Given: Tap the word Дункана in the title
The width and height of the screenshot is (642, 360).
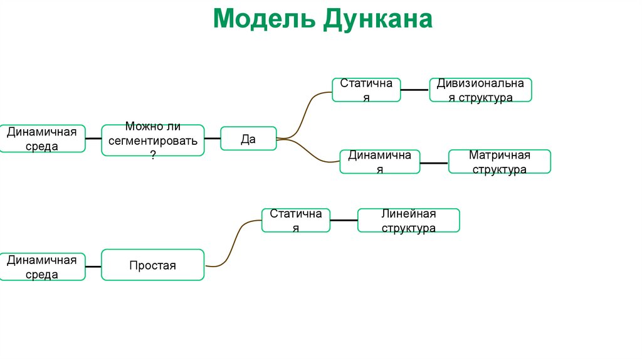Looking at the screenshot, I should coord(378,19).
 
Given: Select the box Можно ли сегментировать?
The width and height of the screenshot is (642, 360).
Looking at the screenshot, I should coord(153,140).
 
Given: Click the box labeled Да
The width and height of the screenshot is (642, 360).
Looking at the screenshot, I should coord(248,138).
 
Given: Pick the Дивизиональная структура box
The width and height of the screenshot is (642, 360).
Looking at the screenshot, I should coord(480,90).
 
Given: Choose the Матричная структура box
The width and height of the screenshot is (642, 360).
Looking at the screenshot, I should coord(499,161).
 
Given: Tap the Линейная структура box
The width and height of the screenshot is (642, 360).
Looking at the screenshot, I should coord(408,220).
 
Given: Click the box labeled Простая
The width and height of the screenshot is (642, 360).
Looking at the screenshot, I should coord(152,265).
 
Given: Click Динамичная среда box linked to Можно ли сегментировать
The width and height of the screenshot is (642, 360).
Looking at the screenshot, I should coord(42,138).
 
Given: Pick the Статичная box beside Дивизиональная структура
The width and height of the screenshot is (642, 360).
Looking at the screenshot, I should coord(366,90).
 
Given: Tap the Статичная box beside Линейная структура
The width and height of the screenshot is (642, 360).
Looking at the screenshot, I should coord(295,220).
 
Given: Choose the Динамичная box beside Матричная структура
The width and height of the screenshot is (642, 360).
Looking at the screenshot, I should coord(379,161).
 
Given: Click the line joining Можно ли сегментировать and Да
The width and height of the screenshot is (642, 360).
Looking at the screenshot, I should coord(213,138).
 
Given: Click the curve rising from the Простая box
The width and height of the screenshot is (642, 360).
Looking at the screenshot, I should coord(234,242).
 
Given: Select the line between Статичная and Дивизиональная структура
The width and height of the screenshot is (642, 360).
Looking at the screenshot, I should coord(414,90).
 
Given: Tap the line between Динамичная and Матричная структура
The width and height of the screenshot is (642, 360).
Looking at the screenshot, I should coord(434,163).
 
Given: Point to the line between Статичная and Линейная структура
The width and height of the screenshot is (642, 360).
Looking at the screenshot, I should coord(344,220).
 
